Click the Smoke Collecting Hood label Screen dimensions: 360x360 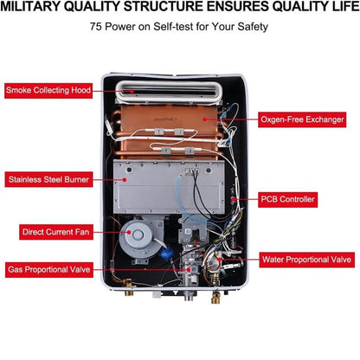48,91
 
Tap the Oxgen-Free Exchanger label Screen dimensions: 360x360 302,119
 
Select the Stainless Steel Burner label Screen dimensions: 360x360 48,179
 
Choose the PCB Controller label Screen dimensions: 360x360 287,199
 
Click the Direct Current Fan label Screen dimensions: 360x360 56,232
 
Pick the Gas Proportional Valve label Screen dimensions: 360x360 49,270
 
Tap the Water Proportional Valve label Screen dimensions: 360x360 307,260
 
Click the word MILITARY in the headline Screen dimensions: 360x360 30,7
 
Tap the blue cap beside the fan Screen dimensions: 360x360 167,253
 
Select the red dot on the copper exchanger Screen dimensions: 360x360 204,119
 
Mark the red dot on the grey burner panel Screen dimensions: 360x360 125,179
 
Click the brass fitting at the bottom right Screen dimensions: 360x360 215,297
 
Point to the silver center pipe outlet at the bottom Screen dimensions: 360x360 189,296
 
